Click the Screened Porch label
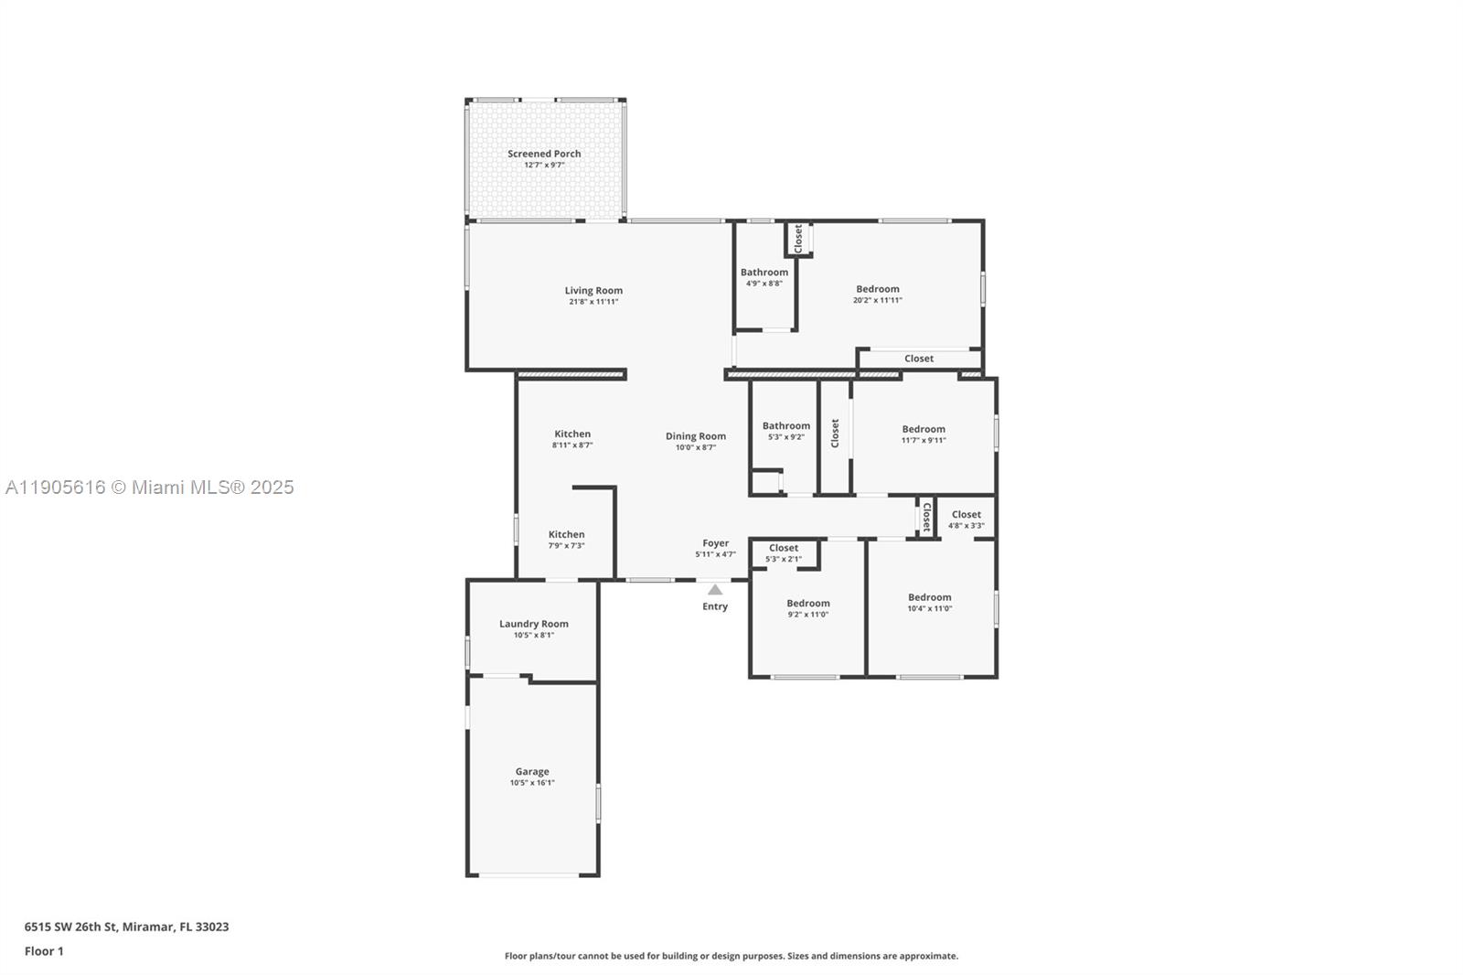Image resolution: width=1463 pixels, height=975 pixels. [x=544, y=154]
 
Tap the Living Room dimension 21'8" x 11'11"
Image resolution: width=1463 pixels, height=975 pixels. [x=593, y=301]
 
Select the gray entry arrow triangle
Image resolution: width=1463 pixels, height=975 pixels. [x=715, y=590]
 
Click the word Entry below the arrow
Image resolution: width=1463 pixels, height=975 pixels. [x=715, y=606]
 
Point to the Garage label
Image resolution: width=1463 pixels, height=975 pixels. [x=532, y=771]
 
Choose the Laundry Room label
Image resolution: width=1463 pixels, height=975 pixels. [x=534, y=624]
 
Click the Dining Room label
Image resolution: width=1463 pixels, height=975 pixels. [x=696, y=436]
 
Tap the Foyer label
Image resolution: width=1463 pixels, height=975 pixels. [x=715, y=543]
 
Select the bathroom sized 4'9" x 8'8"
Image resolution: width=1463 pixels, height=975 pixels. [x=764, y=277]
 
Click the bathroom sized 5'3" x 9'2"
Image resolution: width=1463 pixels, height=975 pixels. [x=786, y=431]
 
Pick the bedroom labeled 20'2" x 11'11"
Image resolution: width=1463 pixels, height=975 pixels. [x=878, y=294]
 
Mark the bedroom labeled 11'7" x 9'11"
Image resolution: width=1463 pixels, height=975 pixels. [x=924, y=434]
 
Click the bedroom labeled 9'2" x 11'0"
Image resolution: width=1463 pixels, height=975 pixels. [x=808, y=608]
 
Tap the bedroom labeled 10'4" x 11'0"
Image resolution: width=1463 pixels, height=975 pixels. [x=930, y=602]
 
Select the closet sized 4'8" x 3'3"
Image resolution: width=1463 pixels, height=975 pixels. [x=966, y=520]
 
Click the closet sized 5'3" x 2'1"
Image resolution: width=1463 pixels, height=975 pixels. [x=784, y=552]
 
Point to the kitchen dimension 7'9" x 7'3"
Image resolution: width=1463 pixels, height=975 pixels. [x=567, y=545]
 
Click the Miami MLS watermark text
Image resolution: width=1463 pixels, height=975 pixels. [x=150, y=487]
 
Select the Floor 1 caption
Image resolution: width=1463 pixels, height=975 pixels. [x=44, y=951]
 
